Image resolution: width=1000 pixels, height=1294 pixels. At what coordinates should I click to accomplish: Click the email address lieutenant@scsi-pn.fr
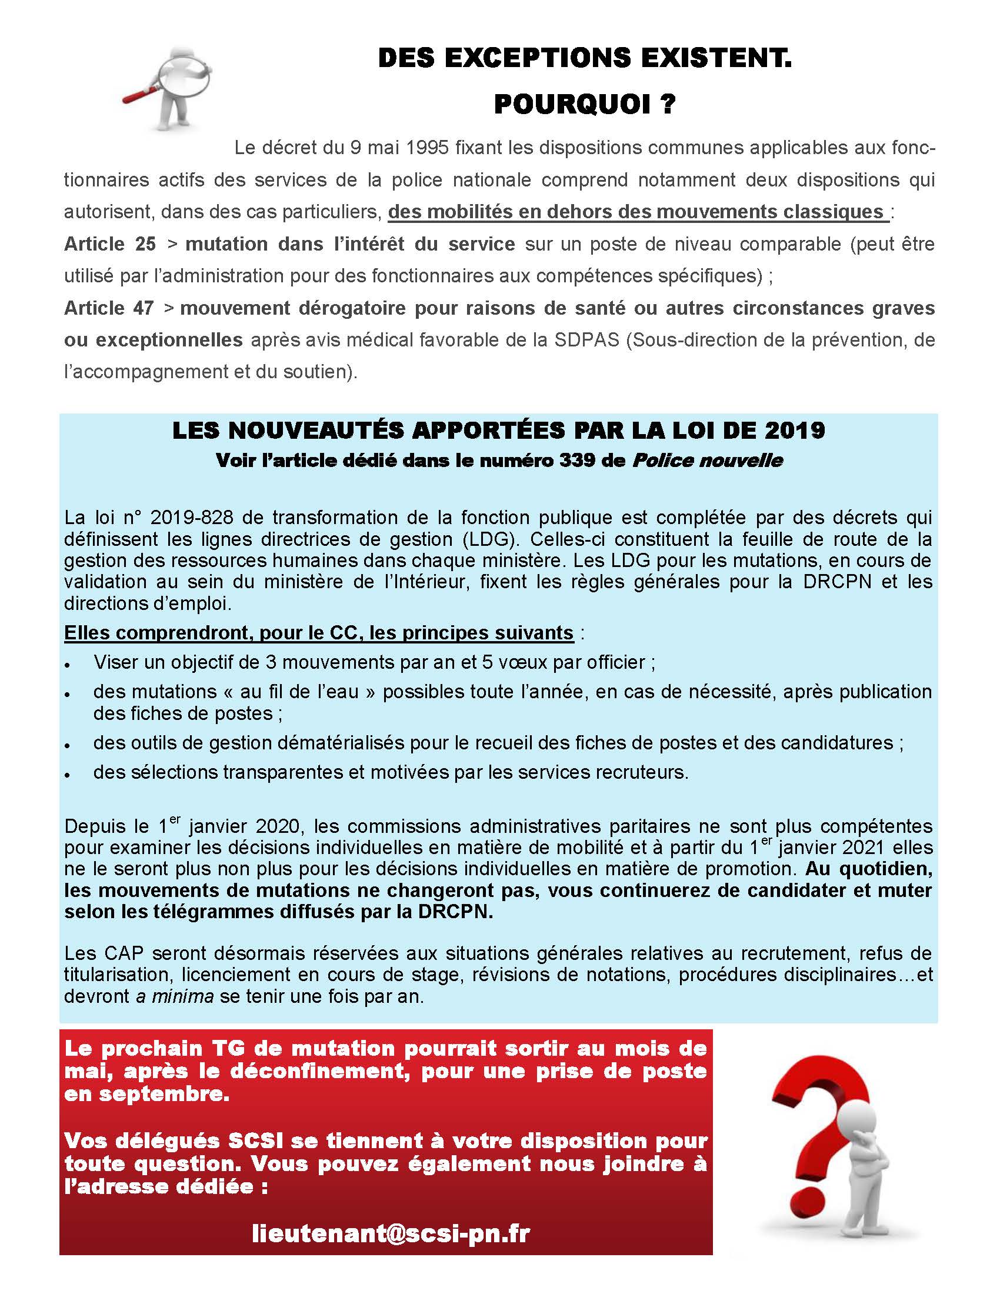(391, 1232)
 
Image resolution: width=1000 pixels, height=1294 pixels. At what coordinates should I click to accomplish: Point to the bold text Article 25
(110, 244)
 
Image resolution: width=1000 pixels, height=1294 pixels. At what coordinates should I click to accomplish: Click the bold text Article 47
(109, 308)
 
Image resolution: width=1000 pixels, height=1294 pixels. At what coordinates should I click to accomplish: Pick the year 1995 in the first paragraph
(427, 148)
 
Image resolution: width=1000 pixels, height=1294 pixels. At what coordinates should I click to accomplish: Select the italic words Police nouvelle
(707, 461)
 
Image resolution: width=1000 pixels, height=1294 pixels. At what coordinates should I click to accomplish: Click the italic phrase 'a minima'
(175, 996)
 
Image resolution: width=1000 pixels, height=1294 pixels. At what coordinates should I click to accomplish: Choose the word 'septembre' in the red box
(165, 1094)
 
